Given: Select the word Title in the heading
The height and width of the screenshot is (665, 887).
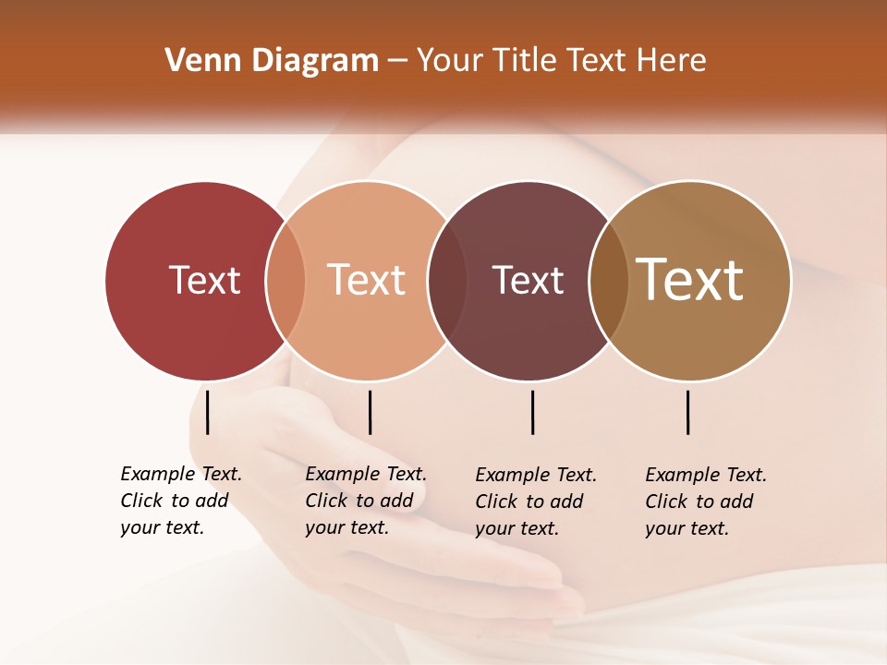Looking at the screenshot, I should pos(530,61).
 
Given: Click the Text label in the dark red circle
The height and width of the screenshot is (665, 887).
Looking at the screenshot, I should pos(204,280).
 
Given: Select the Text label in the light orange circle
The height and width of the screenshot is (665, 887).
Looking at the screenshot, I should pos(366,280).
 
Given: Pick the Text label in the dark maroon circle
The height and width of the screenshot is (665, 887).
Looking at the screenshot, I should pos(528,280).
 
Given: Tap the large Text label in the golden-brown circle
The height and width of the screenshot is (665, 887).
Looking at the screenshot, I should pos(690,280).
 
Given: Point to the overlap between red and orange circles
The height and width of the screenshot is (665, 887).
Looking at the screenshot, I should pos(286,280).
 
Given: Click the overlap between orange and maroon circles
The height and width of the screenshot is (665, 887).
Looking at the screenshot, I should pos(447,280).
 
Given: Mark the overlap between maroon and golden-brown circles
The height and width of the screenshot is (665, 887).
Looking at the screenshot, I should pos(609,280).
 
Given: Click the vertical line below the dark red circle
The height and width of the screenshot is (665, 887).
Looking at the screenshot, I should pos(208,412).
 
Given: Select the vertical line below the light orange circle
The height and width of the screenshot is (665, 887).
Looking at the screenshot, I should pos(370,412).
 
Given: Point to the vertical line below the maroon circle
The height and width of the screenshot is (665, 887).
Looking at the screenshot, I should pos(533,412).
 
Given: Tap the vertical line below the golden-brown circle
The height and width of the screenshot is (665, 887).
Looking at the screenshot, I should pos(688,412).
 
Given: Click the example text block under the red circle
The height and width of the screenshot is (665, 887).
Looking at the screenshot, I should pos(180,501).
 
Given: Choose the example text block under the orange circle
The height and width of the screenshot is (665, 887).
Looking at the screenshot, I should pos(365,501).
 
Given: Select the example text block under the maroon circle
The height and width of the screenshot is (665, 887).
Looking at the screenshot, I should pos(535,502).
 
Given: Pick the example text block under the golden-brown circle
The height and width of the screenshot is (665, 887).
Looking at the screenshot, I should pos(705,502).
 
